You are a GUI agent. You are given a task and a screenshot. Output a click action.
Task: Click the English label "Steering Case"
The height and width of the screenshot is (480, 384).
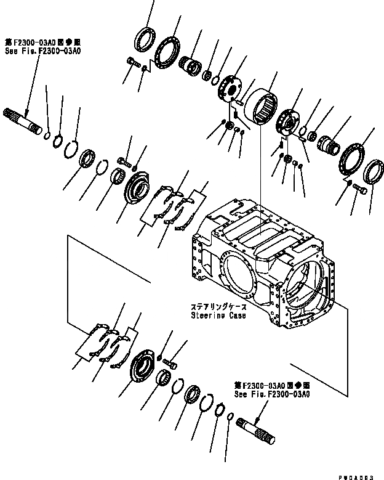(218, 315)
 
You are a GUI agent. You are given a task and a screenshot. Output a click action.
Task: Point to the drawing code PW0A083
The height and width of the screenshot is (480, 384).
(361, 473)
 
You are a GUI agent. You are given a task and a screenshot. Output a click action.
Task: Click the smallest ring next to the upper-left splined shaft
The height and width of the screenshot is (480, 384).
(48, 132)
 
